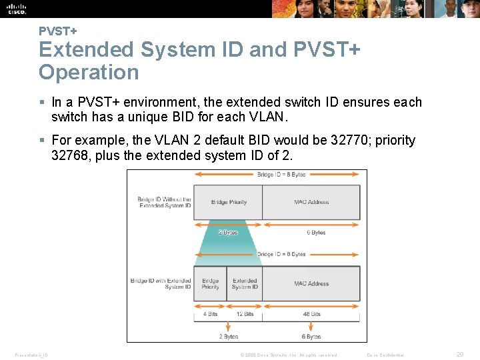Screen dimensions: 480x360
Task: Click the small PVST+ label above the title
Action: click(57, 31)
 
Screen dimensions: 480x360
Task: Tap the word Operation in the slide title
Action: click(89, 72)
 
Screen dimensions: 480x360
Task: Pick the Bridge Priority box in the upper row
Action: click(229, 202)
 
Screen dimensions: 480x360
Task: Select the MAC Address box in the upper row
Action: click(311, 202)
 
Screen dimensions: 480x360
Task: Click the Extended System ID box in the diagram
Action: click(245, 283)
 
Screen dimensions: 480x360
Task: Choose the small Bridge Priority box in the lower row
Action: click(211, 283)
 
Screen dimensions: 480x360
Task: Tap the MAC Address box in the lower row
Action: click(311, 283)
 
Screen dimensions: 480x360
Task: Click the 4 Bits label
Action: click(210, 314)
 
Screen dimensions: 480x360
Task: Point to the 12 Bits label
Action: click(245, 314)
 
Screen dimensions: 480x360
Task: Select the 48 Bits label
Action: click(311, 314)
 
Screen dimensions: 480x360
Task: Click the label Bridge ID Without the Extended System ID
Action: click(165, 202)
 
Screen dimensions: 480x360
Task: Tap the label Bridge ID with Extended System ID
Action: click(161, 283)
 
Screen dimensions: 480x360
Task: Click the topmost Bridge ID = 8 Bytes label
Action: click(281, 175)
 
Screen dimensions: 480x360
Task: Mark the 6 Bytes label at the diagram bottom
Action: click(311, 337)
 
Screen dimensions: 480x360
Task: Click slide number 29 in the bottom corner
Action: click(460, 355)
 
